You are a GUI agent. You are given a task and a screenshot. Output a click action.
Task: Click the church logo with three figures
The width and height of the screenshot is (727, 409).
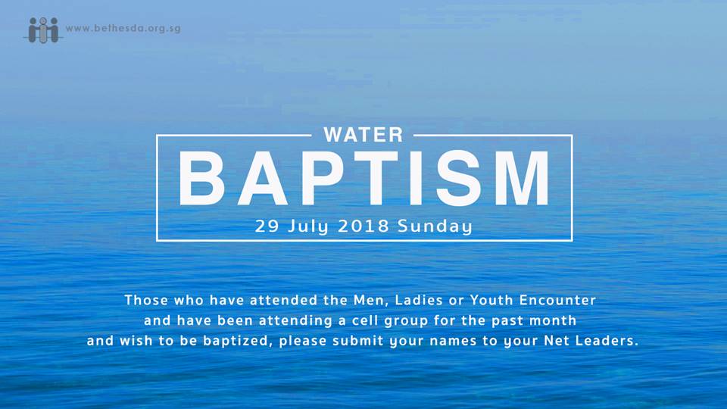(43, 30)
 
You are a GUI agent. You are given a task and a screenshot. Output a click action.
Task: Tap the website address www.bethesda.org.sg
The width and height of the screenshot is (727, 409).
(123, 28)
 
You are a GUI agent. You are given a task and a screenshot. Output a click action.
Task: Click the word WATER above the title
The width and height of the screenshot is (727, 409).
(363, 135)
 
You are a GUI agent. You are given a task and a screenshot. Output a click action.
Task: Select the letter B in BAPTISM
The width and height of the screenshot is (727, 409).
(201, 178)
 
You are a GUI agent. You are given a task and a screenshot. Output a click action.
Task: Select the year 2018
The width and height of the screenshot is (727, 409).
(363, 226)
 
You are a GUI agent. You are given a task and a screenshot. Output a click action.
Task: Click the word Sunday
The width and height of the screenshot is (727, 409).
(435, 226)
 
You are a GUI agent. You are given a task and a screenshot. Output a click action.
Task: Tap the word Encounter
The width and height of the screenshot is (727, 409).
(557, 300)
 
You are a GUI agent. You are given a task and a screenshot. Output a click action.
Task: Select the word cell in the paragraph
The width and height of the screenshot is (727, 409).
(365, 320)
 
